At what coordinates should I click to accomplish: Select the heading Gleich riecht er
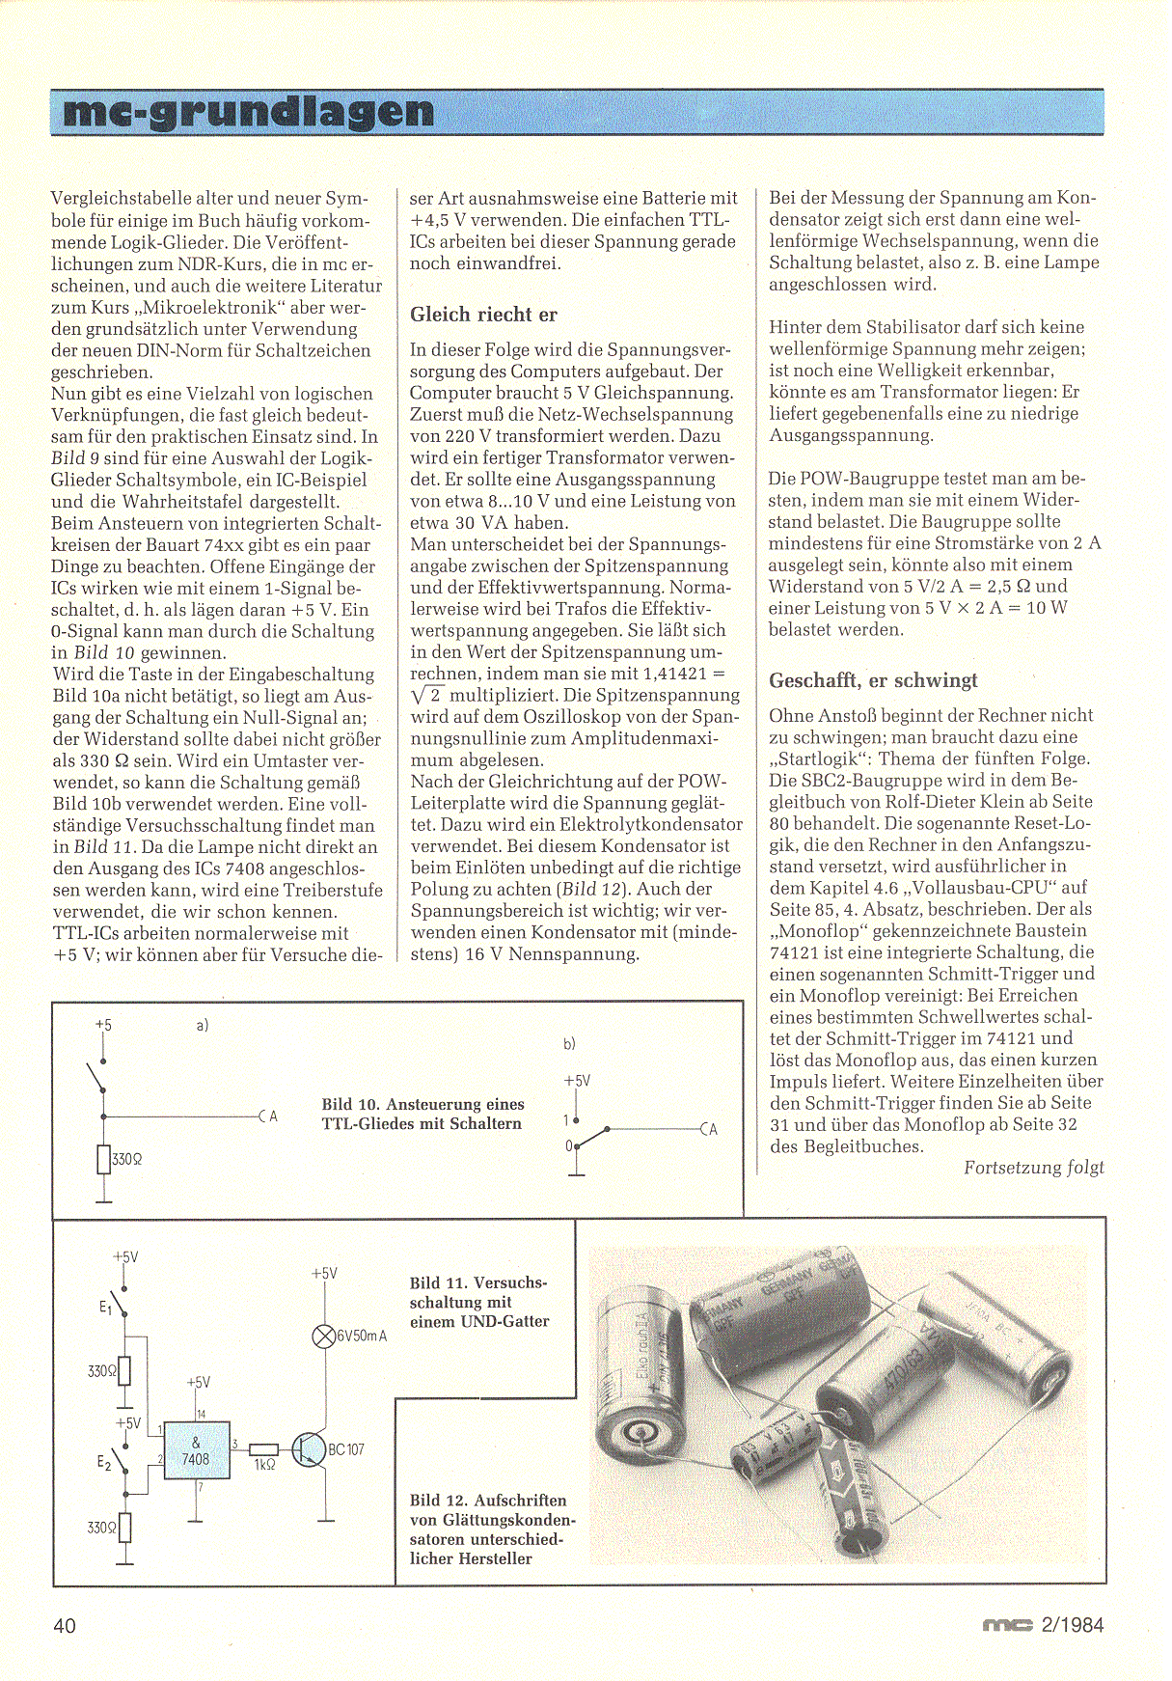483,315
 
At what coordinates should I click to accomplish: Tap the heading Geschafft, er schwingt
873,680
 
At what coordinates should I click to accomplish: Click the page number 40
65,1625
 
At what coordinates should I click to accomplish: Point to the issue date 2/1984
1072,1624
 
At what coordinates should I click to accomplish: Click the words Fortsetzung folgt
1033,1168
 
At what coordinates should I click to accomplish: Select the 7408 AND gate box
197,1449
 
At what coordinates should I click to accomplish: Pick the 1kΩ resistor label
264,1465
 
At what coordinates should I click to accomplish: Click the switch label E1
105,1309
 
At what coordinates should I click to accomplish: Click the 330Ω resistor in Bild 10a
104,1159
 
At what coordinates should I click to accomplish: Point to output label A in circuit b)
712,1129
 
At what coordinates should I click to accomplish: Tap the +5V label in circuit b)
577,1081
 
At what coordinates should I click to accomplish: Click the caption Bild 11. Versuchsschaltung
478,1302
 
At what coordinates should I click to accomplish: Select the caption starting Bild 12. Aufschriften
491,1529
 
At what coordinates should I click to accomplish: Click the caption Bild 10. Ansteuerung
422,1114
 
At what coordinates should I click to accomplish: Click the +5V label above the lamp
324,1274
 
